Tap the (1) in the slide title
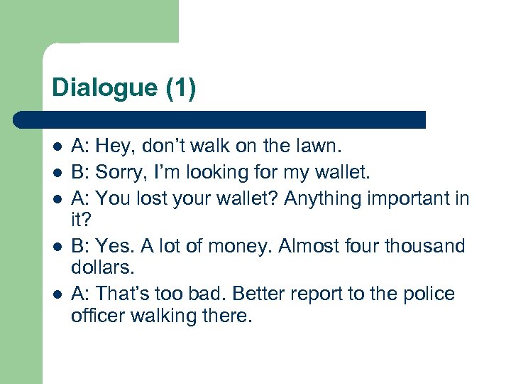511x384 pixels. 181,88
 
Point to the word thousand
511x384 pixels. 424,246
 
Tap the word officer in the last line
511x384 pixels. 97,316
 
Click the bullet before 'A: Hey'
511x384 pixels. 57,148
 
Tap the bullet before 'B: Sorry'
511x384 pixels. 57,172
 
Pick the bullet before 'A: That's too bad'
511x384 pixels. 57,294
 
